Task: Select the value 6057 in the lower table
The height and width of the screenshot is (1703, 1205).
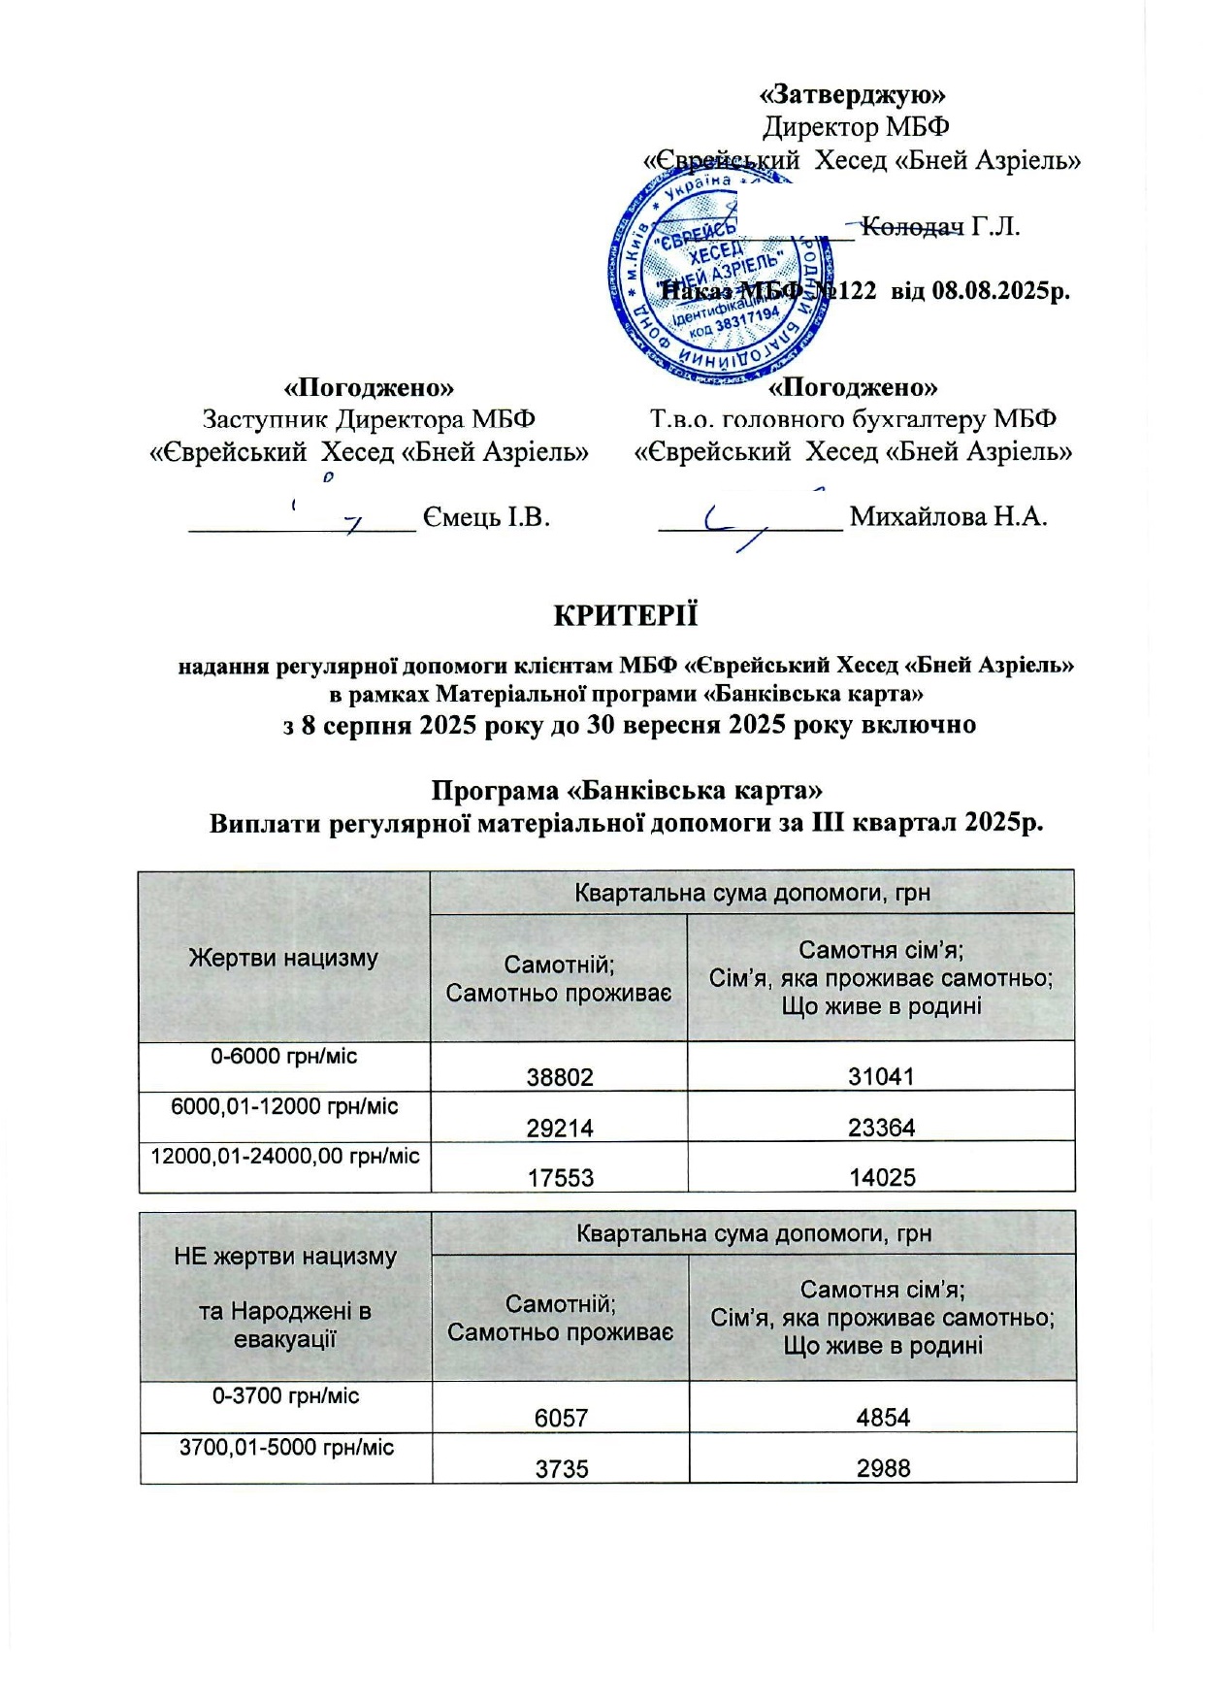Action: [562, 1418]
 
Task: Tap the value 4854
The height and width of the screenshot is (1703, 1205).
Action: [883, 1418]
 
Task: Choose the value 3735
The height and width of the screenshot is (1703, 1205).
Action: [562, 1468]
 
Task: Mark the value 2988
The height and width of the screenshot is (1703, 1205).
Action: [883, 1468]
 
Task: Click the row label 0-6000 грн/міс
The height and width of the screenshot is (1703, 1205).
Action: [284, 1056]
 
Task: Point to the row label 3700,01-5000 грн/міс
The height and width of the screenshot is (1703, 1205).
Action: [287, 1448]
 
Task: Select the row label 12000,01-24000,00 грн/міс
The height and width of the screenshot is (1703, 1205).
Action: [285, 1156]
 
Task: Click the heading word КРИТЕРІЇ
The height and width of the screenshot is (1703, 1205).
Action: [625, 616]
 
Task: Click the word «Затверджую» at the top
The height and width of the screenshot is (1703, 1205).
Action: [854, 94]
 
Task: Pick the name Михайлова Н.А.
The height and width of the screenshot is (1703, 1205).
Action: [948, 516]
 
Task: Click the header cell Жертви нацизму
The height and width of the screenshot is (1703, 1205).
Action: [283, 958]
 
